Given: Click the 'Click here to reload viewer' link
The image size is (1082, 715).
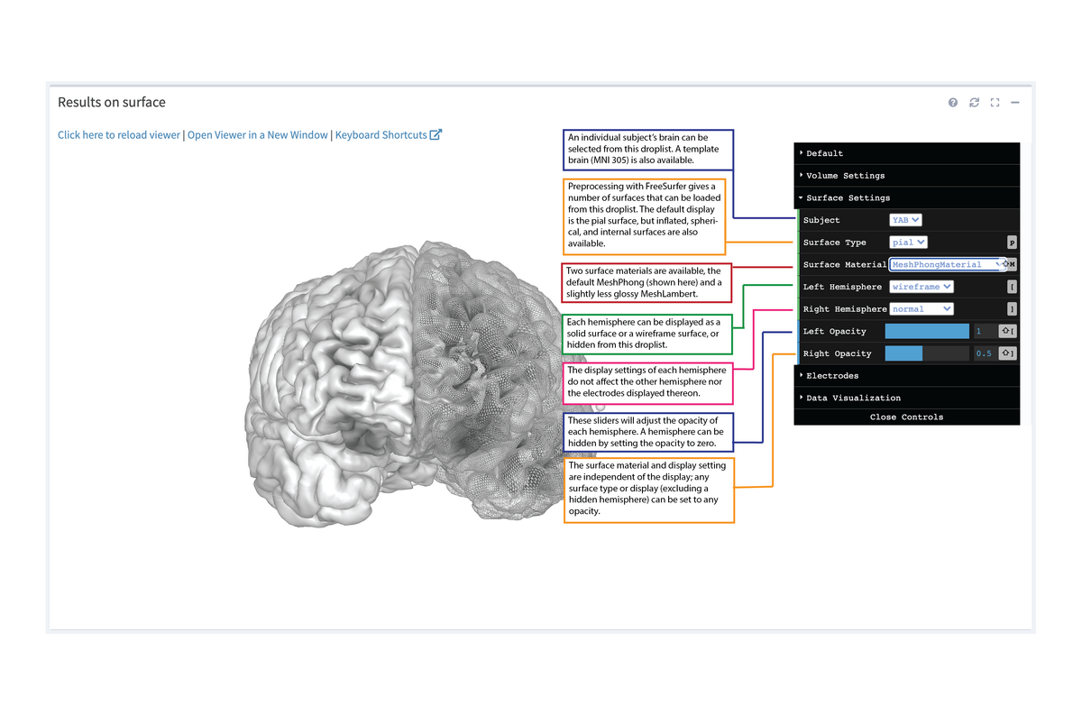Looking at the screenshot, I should (x=119, y=134).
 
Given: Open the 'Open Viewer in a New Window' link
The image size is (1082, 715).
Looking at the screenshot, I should (x=258, y=134).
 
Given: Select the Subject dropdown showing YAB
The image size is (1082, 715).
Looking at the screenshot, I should (x=905, y=220).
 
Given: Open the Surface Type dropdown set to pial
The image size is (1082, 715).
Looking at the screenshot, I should (x=908, y=243).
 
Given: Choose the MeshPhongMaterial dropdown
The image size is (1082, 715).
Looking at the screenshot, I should (x=947, y=264).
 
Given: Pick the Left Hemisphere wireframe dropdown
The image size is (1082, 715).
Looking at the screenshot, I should (x=921, y=287).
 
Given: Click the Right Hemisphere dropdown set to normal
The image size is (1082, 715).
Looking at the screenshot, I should (x=921, y=308).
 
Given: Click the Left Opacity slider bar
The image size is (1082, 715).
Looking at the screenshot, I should (x=927, y=331).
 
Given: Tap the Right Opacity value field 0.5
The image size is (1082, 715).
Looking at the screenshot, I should (x=984, y=353).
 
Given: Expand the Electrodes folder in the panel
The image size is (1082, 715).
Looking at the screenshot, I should (x=832, y=375).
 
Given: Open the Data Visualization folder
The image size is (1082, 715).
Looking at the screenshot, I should (x=853, y=398).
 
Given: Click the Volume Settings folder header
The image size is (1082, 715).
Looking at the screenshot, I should (x=845, y=176).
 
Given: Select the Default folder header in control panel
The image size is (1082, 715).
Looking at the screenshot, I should (x=824, y=153).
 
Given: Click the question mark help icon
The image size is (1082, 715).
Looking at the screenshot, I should (x=953, y=103).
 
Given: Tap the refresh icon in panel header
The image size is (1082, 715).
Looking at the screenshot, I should (x=974, y=103).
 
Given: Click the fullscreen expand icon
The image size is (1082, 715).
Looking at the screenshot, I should (x=995, y=103).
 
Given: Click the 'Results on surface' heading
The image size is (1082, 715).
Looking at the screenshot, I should (x=112, y=102).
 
